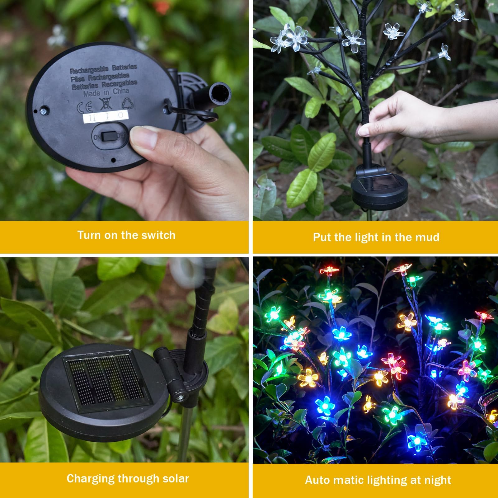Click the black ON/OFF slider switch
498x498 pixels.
point(108,136)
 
